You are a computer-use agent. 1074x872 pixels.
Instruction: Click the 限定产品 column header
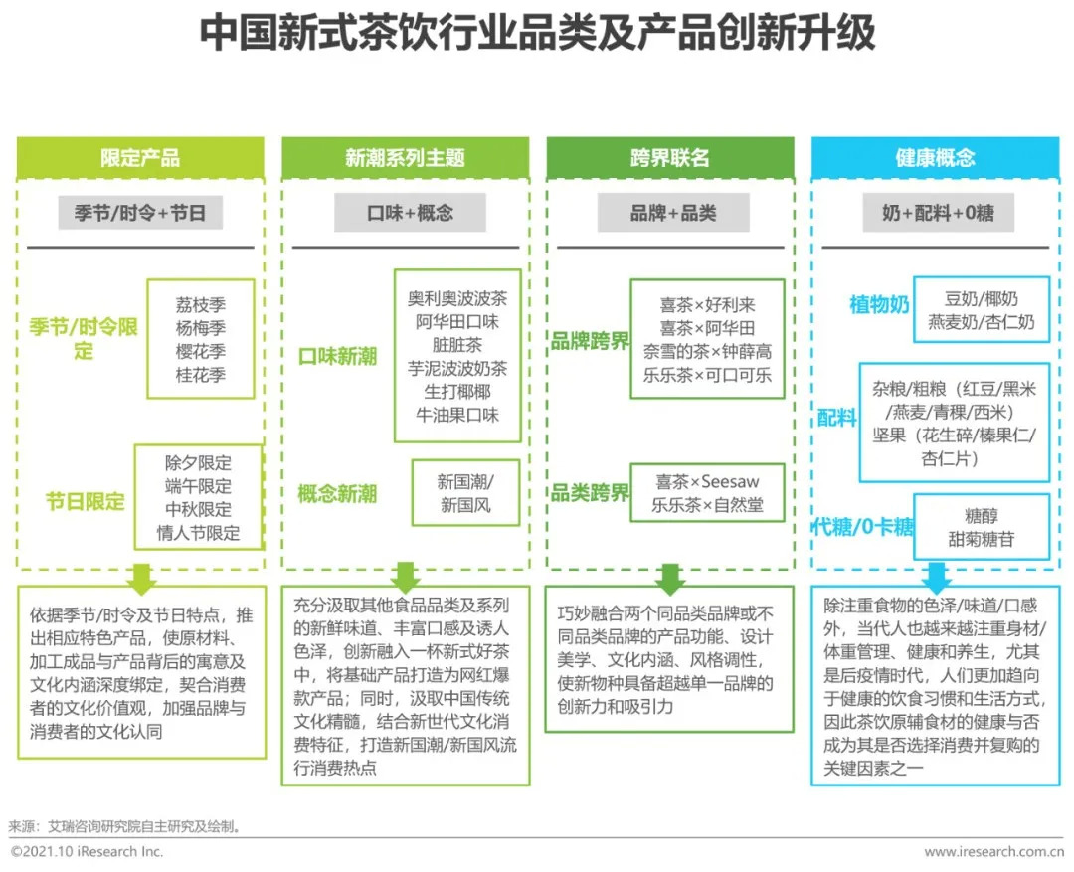[x=140, y=157]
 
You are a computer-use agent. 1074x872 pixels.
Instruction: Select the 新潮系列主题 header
[x=405, y=157]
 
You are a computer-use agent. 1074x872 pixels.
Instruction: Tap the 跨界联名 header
[x=670, y=157]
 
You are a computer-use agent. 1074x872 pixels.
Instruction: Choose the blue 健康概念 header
[x=935, y=157]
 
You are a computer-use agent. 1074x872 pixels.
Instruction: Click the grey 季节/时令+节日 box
[x=140, y=213]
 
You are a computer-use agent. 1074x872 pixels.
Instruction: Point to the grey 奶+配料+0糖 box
[x=938, y=213]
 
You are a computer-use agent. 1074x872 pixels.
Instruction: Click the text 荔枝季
[x=201, y=304]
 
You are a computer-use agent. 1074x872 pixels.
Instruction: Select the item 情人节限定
[x=199, y=533]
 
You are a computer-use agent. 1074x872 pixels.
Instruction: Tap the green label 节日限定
[x=85, y=501]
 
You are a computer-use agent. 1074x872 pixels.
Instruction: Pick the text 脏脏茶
[x=456, y=345]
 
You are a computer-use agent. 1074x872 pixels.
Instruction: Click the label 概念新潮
[x=337, y=493]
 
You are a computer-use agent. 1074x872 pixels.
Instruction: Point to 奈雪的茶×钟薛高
[x=707, y=351]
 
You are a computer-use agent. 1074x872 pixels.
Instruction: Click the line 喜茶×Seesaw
[x=707, y=481]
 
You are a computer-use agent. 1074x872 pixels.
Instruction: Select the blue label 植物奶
[x=879, y=304]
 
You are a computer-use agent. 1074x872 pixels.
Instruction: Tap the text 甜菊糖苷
[x=981, y=539]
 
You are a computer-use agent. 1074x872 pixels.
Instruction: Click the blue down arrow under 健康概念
[x=936, y=578]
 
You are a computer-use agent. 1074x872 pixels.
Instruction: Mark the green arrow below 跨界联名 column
[x=670, y=579]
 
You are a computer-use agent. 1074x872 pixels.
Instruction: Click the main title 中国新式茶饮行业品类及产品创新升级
[x=538, y=32]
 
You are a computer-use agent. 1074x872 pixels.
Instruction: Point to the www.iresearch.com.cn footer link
[x=993, y=852]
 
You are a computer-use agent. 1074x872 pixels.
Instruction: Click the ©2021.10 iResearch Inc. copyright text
[x=87, y=851]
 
